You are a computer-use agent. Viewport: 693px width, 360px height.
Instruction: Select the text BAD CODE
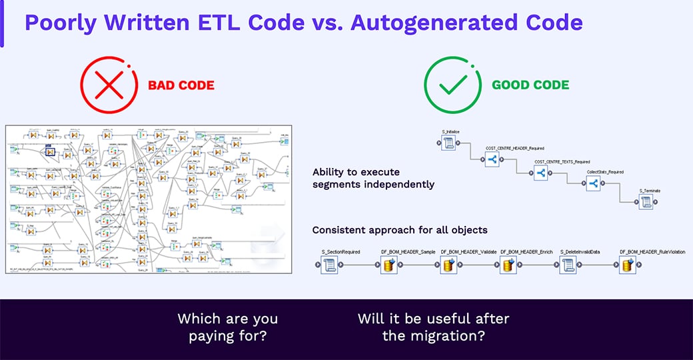(x=181, y=85)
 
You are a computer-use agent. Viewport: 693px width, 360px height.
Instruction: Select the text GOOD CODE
(x=530, y=85)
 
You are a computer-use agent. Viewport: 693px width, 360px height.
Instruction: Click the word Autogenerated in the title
(x=426, y=22)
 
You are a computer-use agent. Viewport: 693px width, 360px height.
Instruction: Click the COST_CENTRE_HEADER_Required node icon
(x=492, y=159)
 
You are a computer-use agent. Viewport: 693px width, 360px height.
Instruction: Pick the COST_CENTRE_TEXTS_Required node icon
(x=540, y=173)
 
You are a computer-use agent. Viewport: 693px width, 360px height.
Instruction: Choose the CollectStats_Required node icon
(x=594, y=185)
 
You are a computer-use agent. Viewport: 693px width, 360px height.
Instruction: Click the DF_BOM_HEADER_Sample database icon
(x=389, y=265)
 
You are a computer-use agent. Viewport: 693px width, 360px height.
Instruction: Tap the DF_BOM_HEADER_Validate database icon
(x=448, y=265)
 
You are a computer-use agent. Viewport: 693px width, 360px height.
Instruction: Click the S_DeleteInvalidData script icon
(x=568, y=265)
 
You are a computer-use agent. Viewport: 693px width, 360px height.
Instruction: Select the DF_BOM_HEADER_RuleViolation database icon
(x=628, y=265)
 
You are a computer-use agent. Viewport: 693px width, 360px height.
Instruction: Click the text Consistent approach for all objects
(x=400, y=230)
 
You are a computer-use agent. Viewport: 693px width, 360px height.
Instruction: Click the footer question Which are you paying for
(x=227, y=327)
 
